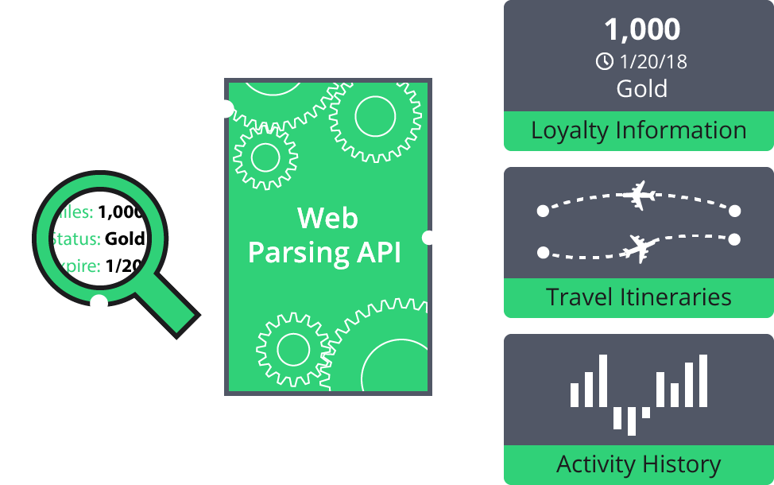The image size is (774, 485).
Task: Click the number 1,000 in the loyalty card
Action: click(x=641, y=29)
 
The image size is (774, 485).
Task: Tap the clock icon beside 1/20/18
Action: click(x=605, y=60)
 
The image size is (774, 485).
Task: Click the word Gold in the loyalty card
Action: click(x=641, y=88)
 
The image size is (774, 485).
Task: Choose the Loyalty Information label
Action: click(x=638, y=130)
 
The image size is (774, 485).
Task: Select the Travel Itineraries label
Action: click(x=638, y=297)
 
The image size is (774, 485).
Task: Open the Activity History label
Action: click(x=638, y=464)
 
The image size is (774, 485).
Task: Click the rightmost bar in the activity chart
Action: click(x=702, y=380)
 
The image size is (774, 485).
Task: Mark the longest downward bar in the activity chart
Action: click(x=632, y=421)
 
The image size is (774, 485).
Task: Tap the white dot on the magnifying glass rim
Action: click(x=99, y=302)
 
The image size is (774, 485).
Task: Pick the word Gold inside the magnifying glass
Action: click(x=125, y=239)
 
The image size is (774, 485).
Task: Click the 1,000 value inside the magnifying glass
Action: click(x=121, y=212)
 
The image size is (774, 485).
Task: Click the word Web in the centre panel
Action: click(x=327, y=218)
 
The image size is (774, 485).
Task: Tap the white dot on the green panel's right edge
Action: click(x=428, y=237)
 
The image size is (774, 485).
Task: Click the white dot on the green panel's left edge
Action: click(x=227, y=109)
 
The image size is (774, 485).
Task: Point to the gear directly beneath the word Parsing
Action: click(x=292, y=348)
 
